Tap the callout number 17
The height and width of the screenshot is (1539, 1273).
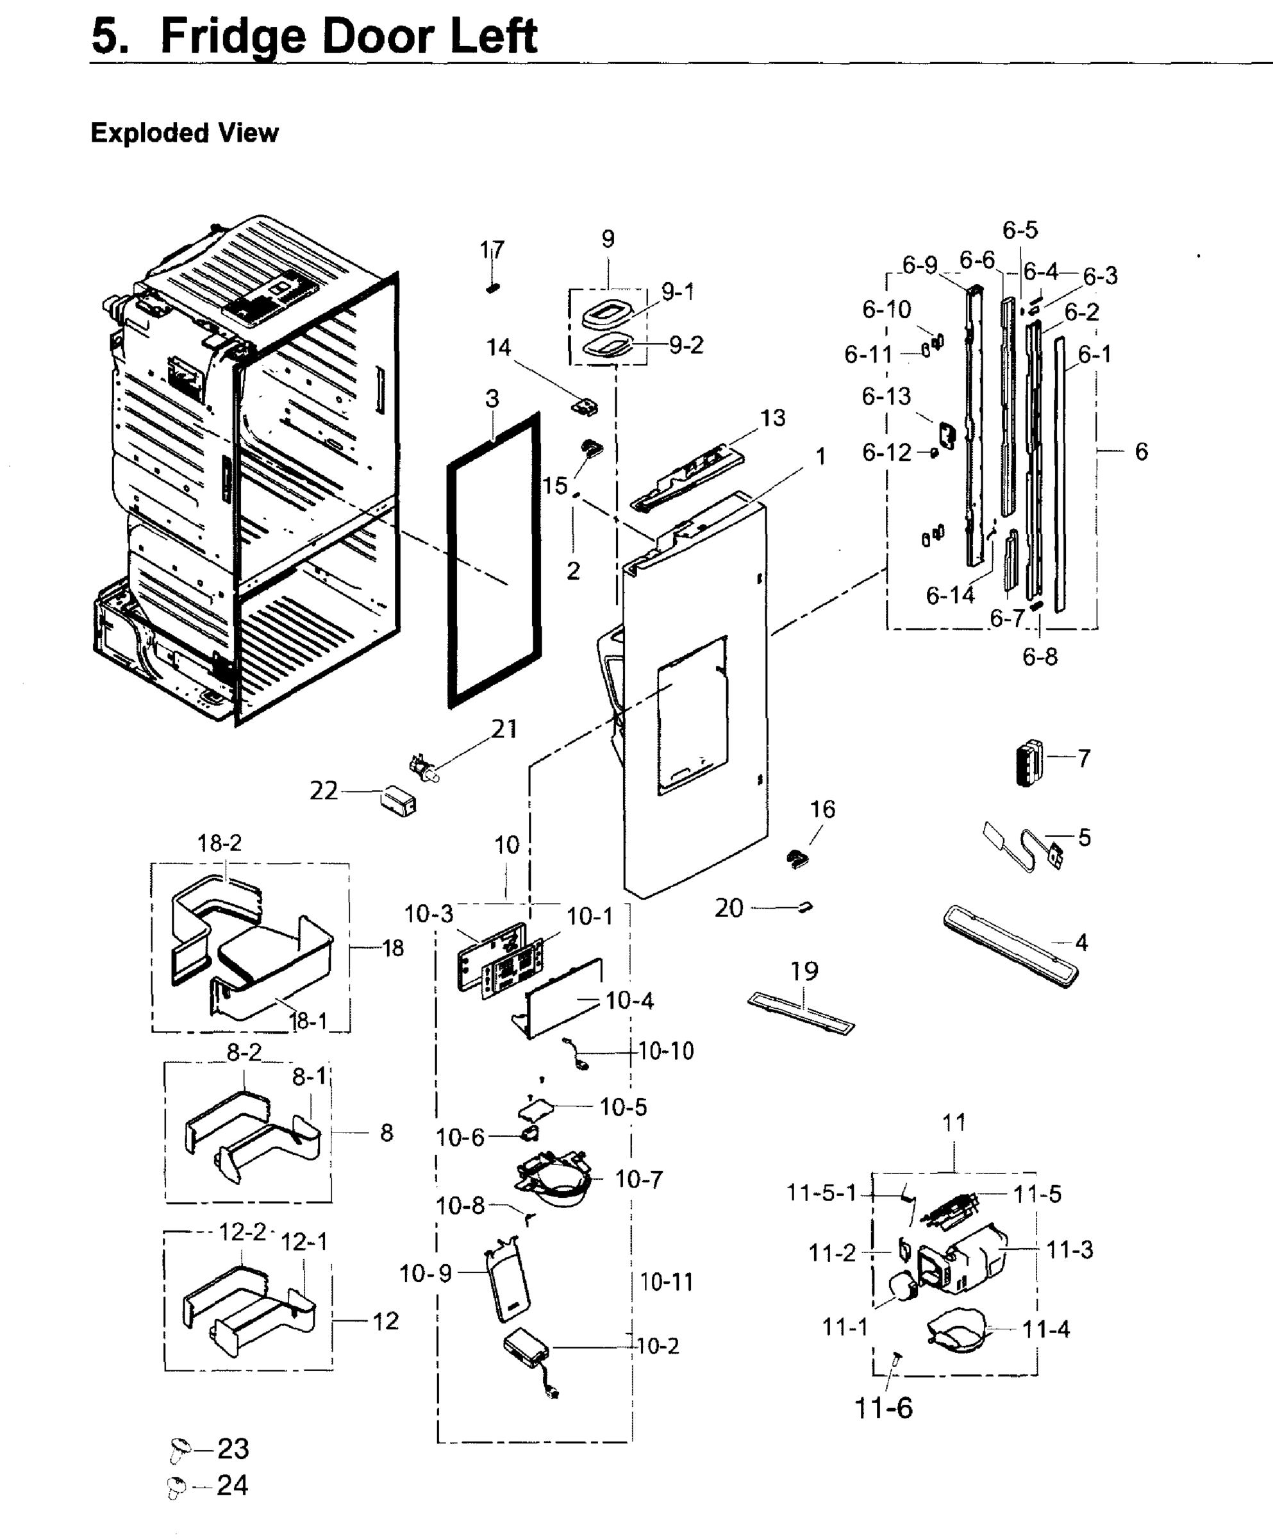click(x=492, y=250)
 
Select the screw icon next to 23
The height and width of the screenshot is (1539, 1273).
click(x=179, y=1448)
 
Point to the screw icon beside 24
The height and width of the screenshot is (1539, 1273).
click(x=175, y=1487)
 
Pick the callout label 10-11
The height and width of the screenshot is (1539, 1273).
click(x=666, y=1282)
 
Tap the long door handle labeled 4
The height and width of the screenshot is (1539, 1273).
click(x=1011, y=946)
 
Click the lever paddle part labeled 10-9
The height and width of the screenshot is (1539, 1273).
click(x=508, y=1283)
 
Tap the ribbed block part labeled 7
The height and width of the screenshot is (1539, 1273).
click(x=1028, y=763)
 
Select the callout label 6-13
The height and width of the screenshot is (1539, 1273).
click(x=886, y=396)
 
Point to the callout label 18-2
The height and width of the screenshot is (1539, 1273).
click(x=219, y=843)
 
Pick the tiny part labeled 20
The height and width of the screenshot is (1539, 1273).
click(x=805, y=908)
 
